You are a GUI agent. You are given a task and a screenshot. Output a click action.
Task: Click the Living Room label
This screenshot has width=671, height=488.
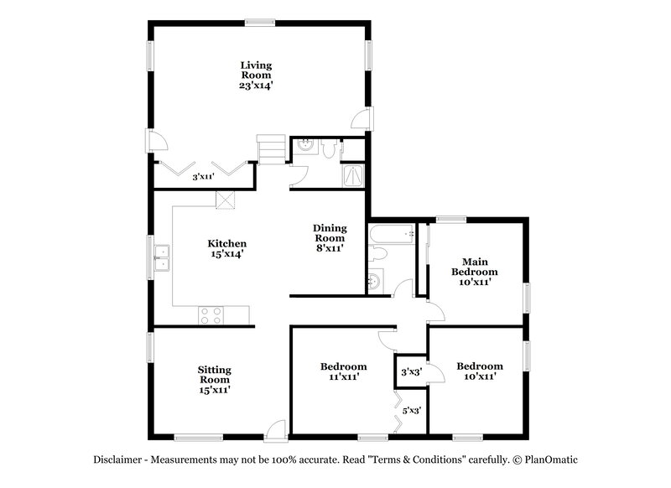pyautogui.click(x=256, y=75)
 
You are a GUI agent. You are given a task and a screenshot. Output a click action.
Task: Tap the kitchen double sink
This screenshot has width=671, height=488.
pyautogui.click(x=162, y=257)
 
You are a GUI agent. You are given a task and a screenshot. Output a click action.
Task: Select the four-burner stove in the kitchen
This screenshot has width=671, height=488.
pyautogui.click(x=211, y=315)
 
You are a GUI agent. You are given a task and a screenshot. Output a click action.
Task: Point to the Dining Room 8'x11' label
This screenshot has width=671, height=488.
pyautogui.click(x=330, y=237)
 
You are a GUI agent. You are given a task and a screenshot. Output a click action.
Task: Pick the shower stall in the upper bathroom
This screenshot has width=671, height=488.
pyautogui.click(x=355, y=174)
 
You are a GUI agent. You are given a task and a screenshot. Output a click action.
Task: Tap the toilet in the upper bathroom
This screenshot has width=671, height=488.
pyautogui.click(x=330, y=148)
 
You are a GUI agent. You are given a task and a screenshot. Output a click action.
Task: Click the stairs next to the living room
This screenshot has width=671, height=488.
pyautogui.click(x=271, y=148)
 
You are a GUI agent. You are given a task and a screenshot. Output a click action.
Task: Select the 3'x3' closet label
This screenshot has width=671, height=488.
pyautogui.click(x=410, y=371)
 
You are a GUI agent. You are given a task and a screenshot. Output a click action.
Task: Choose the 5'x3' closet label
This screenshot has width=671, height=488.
pyautogui.click(x=411, y=410)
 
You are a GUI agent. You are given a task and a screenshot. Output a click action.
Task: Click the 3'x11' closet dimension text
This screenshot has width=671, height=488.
pyautogui.click(x=204, y=177)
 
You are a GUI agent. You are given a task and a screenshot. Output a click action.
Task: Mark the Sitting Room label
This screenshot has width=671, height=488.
pyautogui.click(x=214, y=379)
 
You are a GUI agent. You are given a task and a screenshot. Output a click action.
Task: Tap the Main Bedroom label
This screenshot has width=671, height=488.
pyautogui.click(x=474, y=271)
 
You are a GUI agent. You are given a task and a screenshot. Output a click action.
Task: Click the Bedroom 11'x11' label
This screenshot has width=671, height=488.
pyautogui.click(x=343, y=371)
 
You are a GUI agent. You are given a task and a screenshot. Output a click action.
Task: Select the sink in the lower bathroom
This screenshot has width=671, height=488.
pyautogui.click(x=376, y=280)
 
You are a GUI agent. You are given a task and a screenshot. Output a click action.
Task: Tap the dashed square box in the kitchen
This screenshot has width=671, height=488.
pyautogui.click(x=225, y=199)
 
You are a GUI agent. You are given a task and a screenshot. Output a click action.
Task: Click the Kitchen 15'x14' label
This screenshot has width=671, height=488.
pyautogui.click(x=226, y=248)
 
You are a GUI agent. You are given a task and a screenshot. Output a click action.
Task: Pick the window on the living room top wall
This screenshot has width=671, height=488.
pyautogui.click(x=257, y=22)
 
